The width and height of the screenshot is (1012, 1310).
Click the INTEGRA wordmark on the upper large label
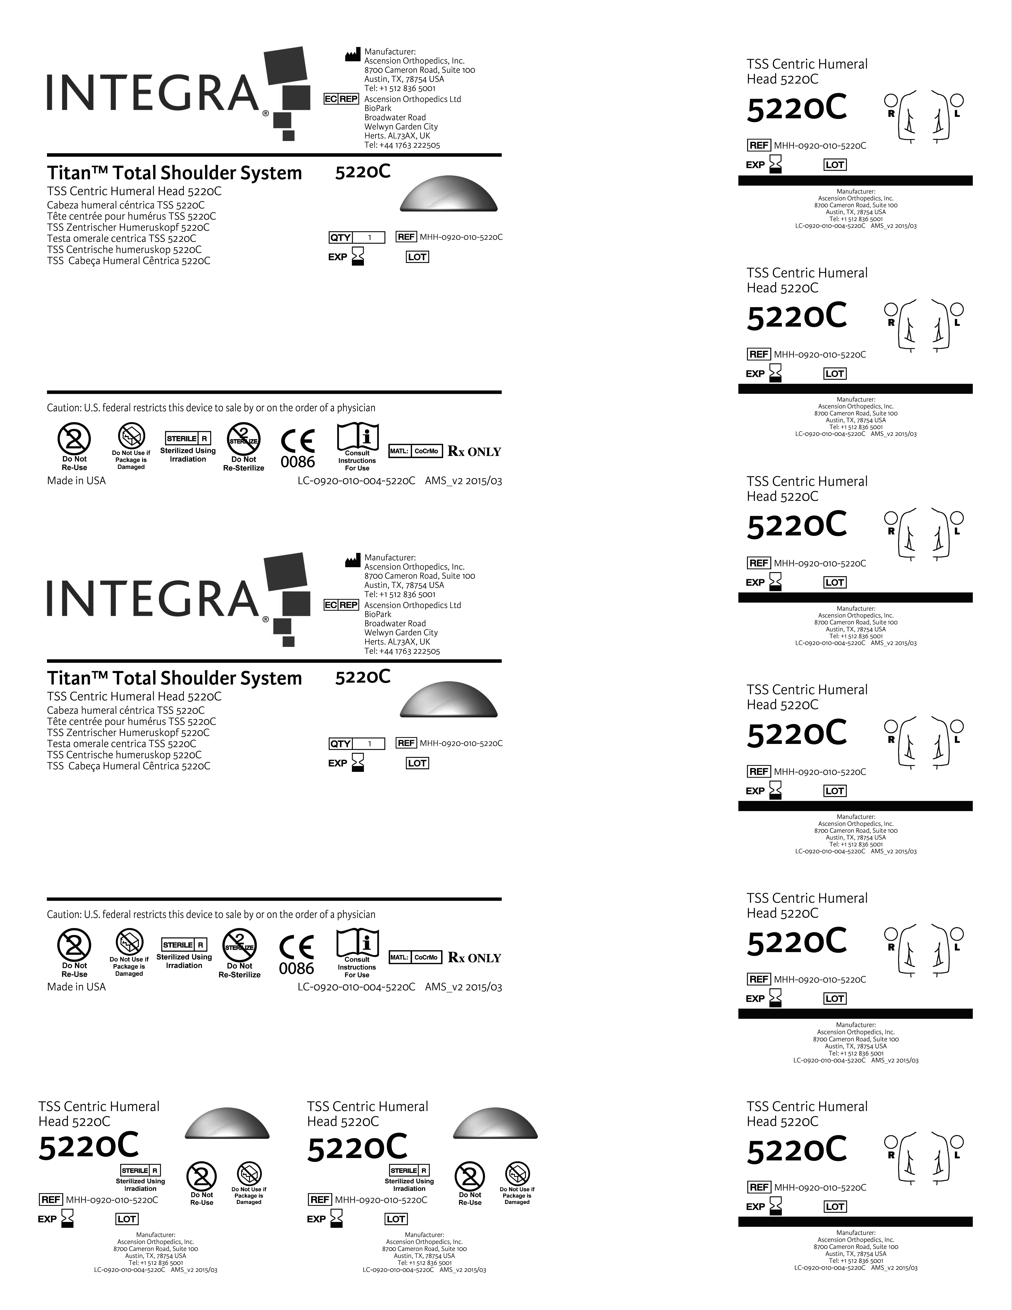pyautogui.click(x=153, y=93)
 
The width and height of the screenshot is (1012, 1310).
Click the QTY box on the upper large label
pyautogui.click(x=357, y=238)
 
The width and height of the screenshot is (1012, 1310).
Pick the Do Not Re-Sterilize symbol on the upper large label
pyautogui.click(x=243, y=440)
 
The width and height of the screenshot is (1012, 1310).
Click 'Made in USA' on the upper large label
pyautogui.click(x=76, y=480)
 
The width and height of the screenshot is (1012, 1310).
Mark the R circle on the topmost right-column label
pyautogui.click(x=891, y=99)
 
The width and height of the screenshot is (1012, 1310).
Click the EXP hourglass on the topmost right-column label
pyautogui.click(x=776, y=164)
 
